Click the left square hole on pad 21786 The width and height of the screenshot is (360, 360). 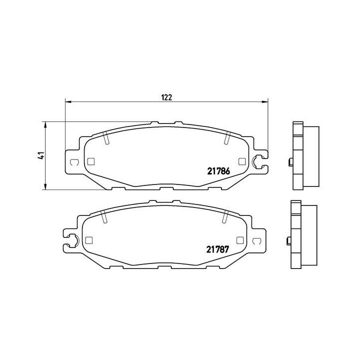point(90,161)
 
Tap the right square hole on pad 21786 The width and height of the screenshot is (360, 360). point(242,161)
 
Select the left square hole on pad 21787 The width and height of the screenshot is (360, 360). point(89,239)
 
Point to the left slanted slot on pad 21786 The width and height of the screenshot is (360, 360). point(106,137)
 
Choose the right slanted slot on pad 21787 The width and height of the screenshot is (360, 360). point(225,216)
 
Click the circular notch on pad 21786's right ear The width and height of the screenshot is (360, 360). point(259,161)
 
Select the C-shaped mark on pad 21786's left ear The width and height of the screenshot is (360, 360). point(74,161)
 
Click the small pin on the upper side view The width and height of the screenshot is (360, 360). point(289,161)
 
